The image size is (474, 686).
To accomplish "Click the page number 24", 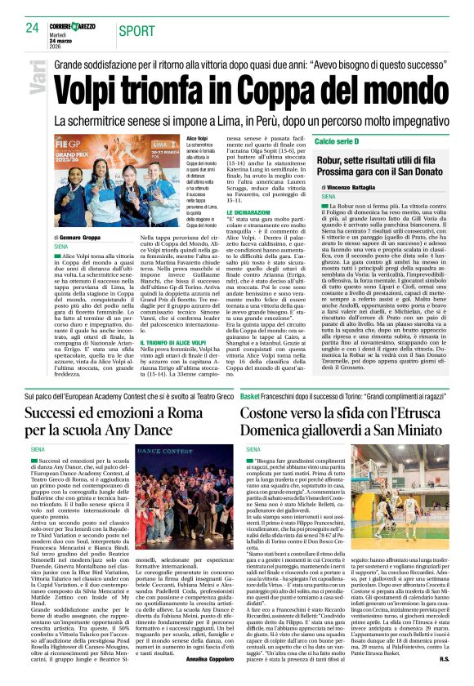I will pos(33,27).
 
